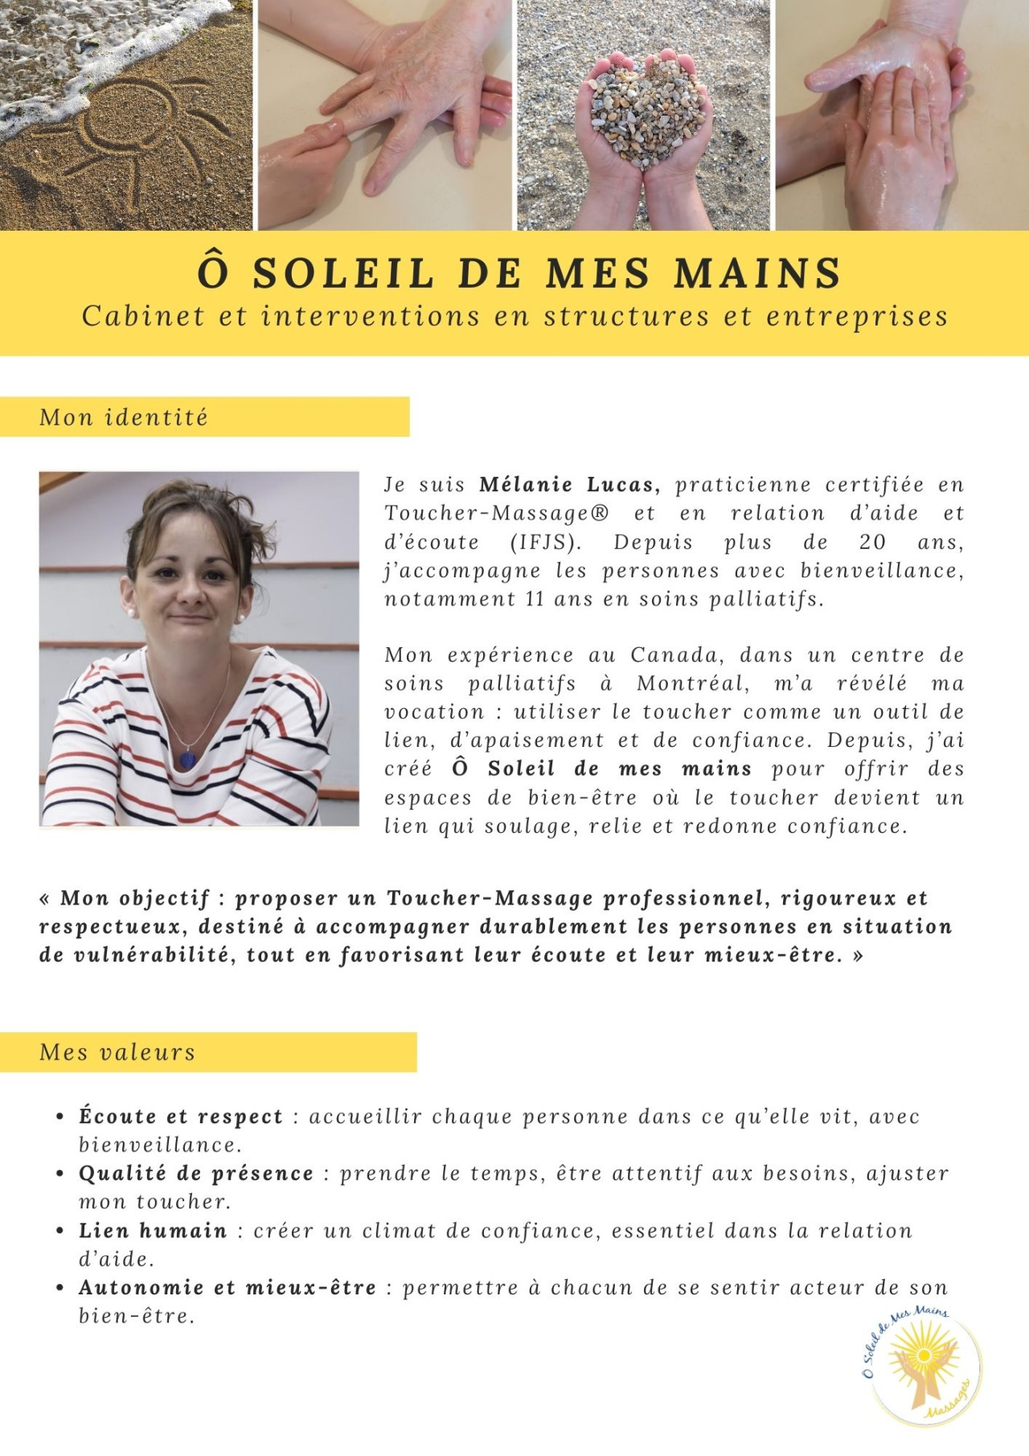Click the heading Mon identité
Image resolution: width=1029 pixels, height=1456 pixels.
[x=124, y=417]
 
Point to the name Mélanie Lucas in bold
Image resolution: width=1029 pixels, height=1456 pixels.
[x=569, y=485]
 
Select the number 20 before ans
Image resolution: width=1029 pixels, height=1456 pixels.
[x=872, y=542]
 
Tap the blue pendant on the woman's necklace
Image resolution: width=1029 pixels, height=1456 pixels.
[x=187, y=758]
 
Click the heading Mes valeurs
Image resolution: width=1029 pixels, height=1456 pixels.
[x=117, y=1052]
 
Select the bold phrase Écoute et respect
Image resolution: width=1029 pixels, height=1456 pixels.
[x=181, y=1117]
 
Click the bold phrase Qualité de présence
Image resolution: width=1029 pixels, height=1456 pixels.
[x=196, y=1174]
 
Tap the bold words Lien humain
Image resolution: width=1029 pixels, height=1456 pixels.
[x=153, y=1231]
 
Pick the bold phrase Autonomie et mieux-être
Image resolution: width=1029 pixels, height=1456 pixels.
[x=228, y=1288]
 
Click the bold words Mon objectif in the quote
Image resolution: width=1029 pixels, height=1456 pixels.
[x=135, y=898]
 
